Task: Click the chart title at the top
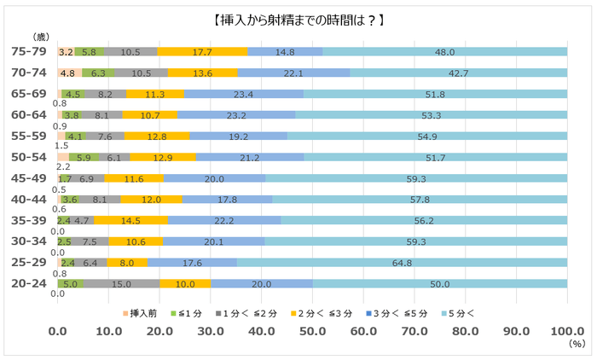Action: (298, 18)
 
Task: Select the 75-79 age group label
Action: (29, 52)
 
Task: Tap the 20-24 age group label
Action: (29, 282)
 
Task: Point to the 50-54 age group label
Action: (29, 157)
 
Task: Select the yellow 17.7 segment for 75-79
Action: (202, 52)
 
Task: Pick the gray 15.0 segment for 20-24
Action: (121, 283)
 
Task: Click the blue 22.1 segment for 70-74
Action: (294, 73)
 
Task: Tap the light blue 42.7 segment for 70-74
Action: (459, 73)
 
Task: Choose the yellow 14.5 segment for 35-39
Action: (131, 220)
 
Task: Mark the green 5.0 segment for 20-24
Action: (70, 283)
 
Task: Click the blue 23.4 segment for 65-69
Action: (243, 94)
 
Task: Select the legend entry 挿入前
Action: (138, 312)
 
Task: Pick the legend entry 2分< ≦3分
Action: (316, 312)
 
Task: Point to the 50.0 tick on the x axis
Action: (313, 331)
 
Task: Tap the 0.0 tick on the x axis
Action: (58, 331)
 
